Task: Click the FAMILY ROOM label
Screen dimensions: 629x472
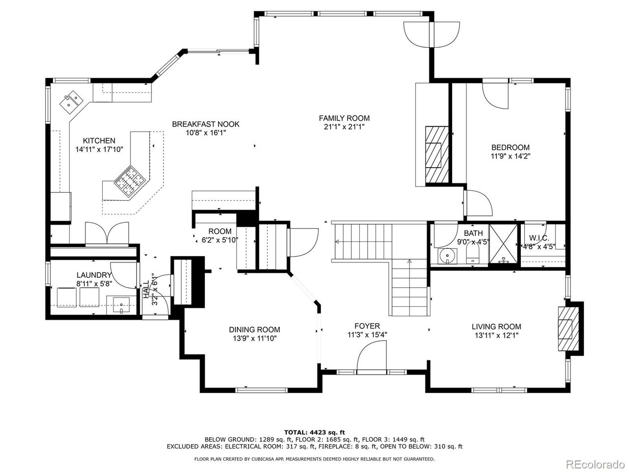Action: point(344,118)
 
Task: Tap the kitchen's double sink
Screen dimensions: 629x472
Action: point(71,101)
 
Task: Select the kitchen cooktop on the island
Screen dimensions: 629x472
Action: point(130,181)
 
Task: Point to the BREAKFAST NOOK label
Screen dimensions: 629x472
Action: point(205,124)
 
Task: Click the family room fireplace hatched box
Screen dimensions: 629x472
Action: point(437,154)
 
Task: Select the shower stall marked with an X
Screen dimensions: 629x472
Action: point(503,244)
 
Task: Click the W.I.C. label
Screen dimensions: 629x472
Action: point(539,237)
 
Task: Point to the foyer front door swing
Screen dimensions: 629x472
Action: point(372,355)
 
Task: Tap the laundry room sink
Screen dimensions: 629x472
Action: point(121,305)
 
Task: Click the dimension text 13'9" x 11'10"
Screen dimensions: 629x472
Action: point(255,338)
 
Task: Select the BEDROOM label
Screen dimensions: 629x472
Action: point(511,147)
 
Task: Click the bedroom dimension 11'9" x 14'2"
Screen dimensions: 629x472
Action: point(511,156)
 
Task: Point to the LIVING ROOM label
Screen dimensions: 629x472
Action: point(496,326)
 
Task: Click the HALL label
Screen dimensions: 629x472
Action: point(146,290)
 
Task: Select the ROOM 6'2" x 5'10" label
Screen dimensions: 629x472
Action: point(220,236)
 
